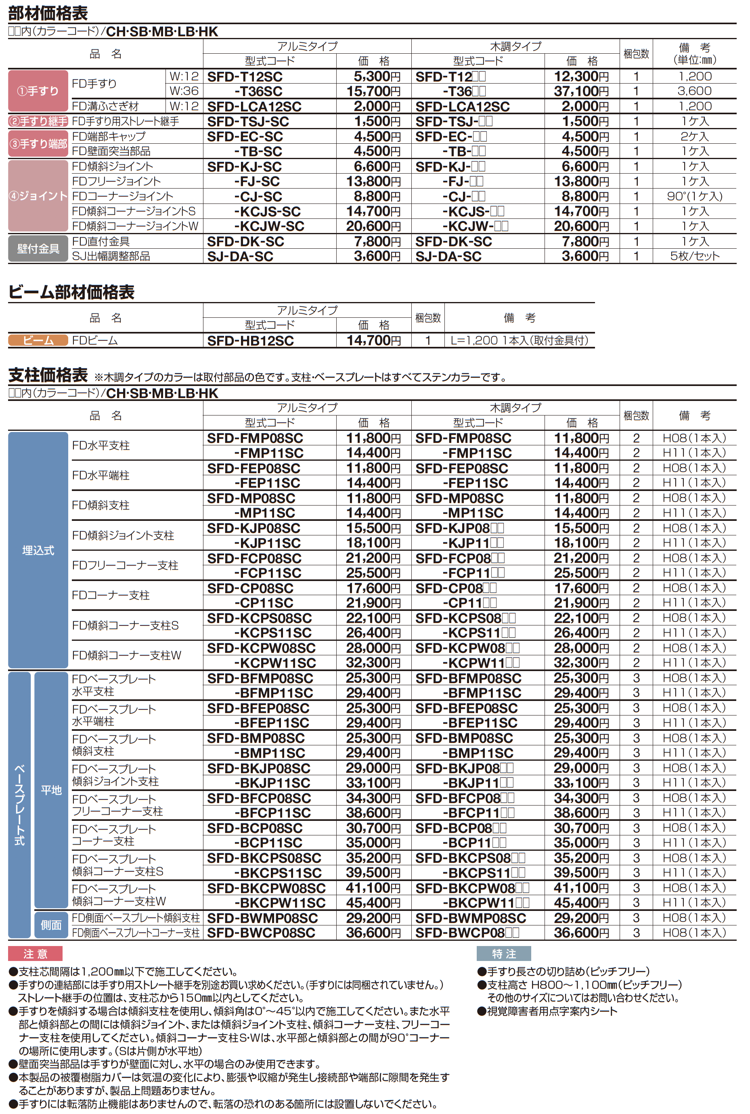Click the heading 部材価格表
tap(48, 13)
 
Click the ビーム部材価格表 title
tap(71, 292)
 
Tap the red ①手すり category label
tap(38, 91)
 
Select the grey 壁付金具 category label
tap(38, 249)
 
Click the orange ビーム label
tap(38, 340)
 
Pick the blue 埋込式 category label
tap(38, 550)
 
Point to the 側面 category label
tap(51, 925)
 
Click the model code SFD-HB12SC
tap(250, 340)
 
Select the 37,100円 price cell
tap(581, 91)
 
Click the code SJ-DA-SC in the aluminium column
tap(240, 256)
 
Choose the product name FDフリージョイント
tap(116, 181)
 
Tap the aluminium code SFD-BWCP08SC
tap(261, 933)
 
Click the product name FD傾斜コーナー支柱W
tap(126, 655)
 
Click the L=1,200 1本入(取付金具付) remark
tap(519, 340)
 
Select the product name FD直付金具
tap(101, 241)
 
